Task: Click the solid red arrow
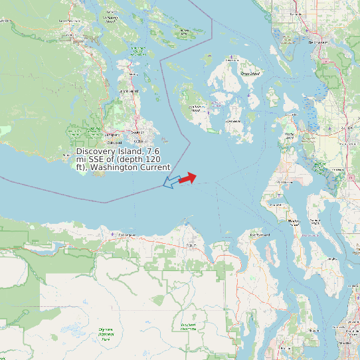[188, 178]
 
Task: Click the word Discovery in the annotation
[96, 152]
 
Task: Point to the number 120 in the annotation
[155, 159]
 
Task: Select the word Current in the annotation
[155, 167]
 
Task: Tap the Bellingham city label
[319, 42]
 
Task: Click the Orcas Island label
[250, 74]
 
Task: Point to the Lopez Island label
[234, 122]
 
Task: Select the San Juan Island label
[197, 107]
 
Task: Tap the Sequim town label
[192, 245]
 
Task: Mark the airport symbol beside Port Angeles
[113, 234]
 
